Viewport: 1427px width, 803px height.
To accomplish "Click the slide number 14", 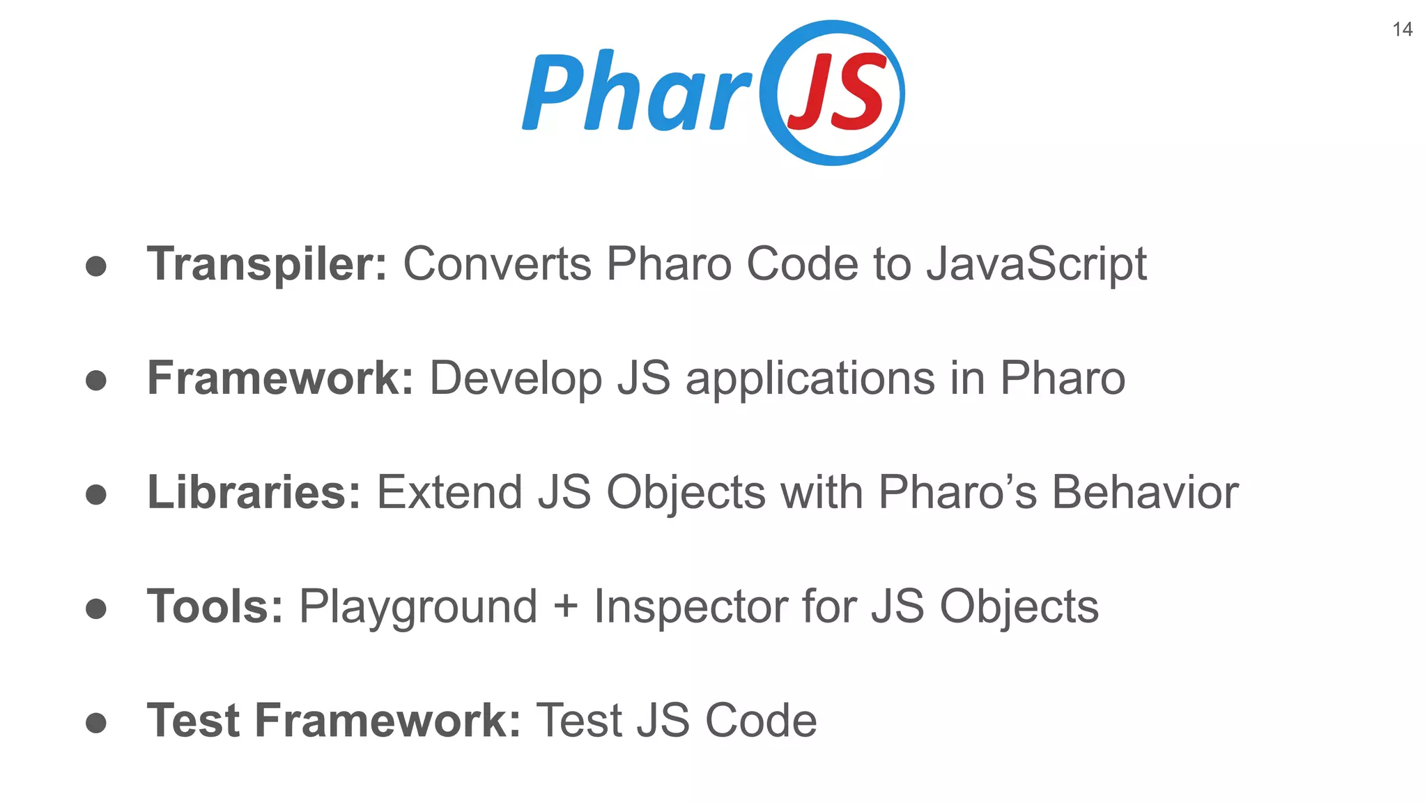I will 1402,29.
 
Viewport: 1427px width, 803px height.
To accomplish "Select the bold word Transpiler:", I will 267,264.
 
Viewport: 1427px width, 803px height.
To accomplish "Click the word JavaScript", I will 1036,265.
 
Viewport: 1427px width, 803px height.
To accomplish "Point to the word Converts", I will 497,264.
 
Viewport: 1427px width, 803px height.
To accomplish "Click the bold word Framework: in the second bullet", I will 280,378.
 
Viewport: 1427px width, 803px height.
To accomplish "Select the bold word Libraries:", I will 254,493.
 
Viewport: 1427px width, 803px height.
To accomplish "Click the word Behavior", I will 1145,493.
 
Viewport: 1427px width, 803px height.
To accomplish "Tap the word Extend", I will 449,493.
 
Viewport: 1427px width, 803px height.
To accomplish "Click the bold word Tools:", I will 215,606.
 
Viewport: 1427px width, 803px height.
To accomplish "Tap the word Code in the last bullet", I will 761,721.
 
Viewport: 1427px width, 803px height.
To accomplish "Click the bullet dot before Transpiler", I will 96,266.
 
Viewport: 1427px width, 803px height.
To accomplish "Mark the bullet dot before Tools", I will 96,609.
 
